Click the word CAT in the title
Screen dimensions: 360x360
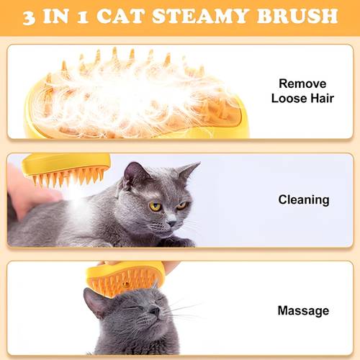(x=120, y=16)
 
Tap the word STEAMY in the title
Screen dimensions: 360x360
(x=200, y=16)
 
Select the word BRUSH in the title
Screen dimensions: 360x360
(x=297, y=16)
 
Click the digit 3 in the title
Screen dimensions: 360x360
(x=29, y=17)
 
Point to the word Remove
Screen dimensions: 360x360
(x=302, y=84)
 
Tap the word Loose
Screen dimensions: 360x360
(x=289, y=99)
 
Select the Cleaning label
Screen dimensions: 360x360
(x=304, y=200)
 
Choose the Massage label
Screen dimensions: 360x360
(x=303, y=311)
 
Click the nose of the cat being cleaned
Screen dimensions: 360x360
(x=172, y=223)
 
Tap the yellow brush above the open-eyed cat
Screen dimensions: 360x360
(x=67, y=168)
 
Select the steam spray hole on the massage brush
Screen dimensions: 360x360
(x=125, y=284)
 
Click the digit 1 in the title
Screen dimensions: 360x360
(x=83, y=18)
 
